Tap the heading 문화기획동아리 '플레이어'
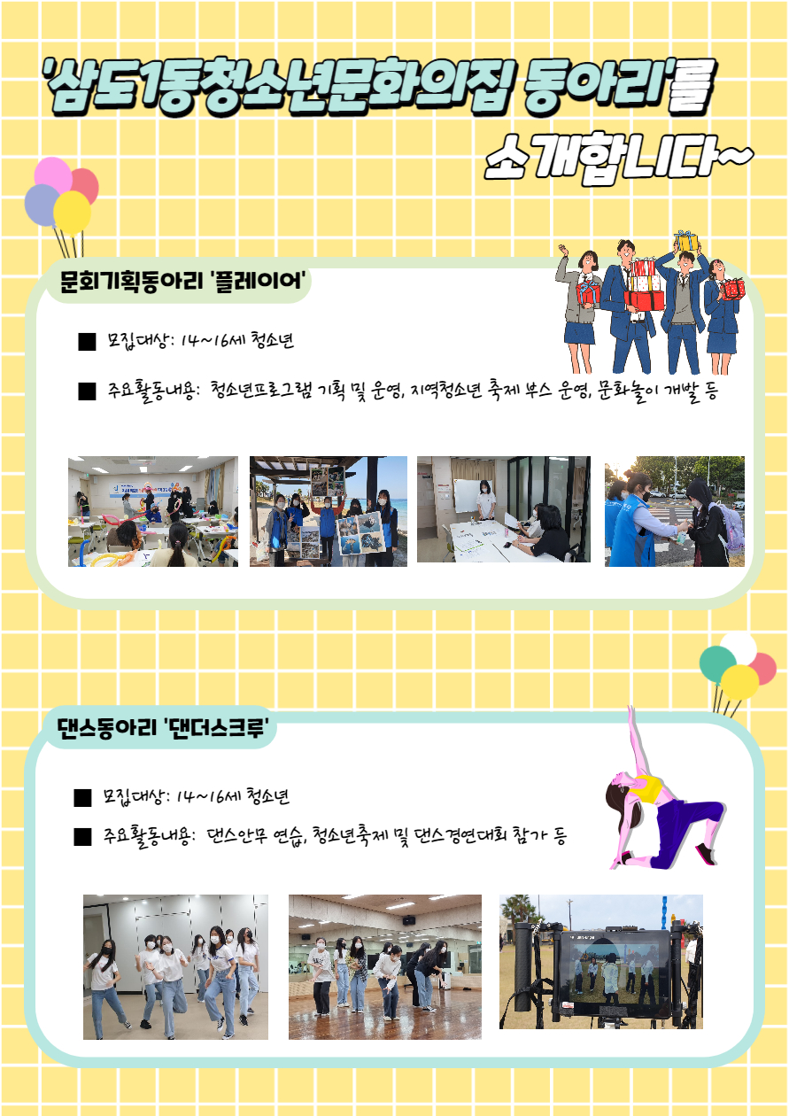(x=182, y=281)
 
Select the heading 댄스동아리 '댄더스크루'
(x=166, y=728)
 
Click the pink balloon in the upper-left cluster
(x=53, y=175)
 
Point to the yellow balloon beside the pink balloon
(x=73, y=213)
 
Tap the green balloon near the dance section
(x=717, y=664)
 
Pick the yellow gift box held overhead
(x=686, y=241)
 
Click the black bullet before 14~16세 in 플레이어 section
(x=87, y=342)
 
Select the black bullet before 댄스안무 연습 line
(x=82, y=837)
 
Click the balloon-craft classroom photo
(x=153, y=511)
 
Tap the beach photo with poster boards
(x=329, y=511)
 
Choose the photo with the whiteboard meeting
(x=504, y=509)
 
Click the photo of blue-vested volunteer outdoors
(x=675, y=511)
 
